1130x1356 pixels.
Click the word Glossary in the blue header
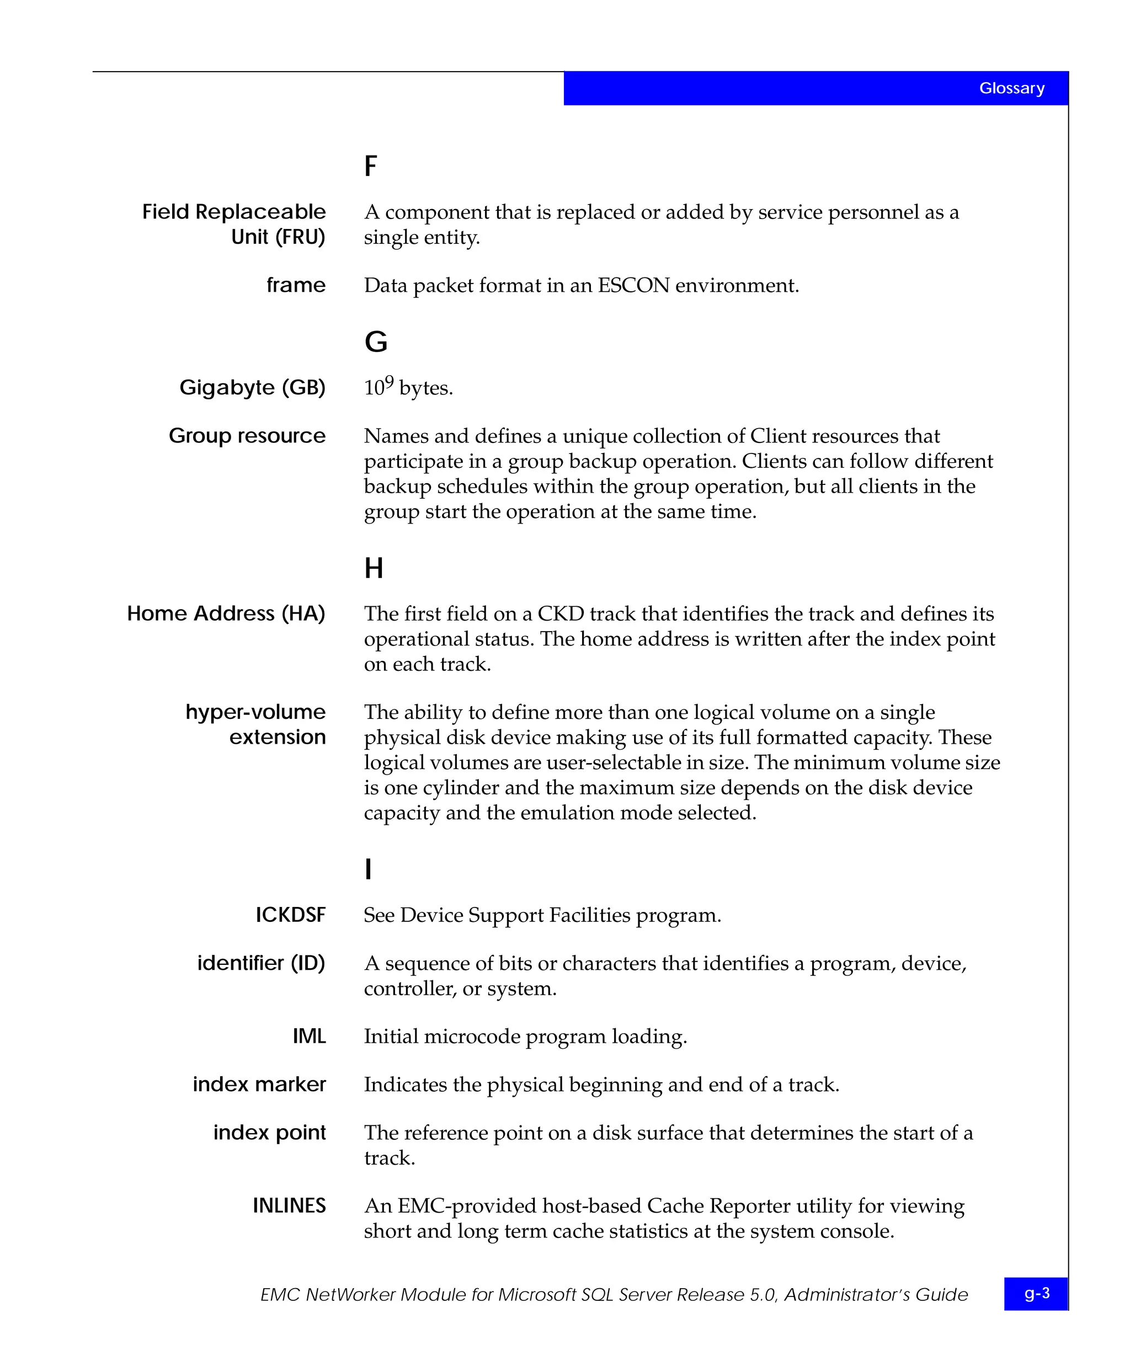1011,88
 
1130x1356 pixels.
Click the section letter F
371,166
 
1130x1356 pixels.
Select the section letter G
376,341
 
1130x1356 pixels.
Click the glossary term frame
296,285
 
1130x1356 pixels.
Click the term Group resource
247,436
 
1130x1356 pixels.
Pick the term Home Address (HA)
226,613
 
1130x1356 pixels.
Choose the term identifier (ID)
261,963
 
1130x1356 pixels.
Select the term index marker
259,1084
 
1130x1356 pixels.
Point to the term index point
269,1133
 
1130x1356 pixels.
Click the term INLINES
289,1205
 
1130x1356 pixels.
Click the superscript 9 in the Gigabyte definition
390,382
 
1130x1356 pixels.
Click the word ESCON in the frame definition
633,285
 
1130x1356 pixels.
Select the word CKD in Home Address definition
561,613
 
